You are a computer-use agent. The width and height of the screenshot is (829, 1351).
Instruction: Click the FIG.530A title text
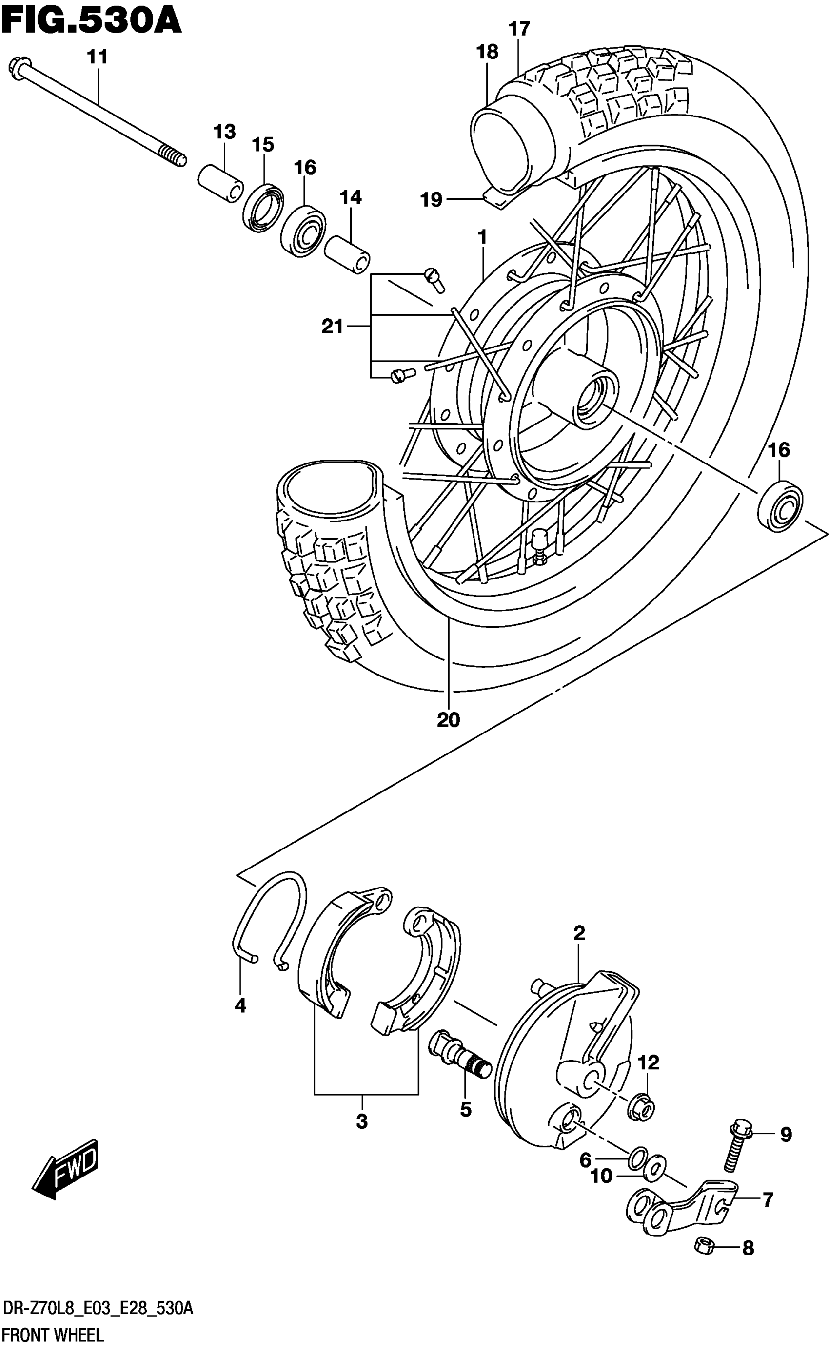[91, 22]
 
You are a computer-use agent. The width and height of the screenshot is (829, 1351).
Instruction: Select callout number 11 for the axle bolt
[98, 57]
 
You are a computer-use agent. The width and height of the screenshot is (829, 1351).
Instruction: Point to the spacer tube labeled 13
[220, 184]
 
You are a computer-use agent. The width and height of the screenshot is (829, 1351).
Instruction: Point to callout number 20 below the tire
[448, 720]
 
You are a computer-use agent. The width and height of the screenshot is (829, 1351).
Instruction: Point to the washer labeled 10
[654, 1170]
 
